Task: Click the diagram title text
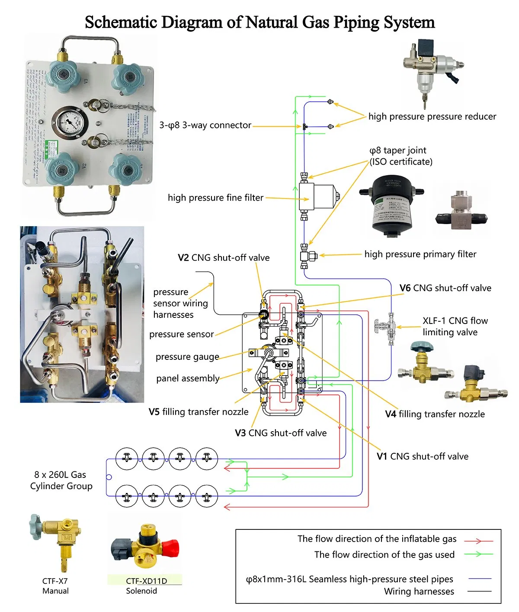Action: [259, 22]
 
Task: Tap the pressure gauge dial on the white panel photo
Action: [70, 122]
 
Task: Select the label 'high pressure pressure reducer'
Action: [432, 116]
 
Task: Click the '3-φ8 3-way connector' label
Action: [205, 125]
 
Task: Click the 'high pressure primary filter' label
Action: [420, 254]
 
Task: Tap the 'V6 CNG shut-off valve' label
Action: [445, 288]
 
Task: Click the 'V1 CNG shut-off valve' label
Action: [422, 456]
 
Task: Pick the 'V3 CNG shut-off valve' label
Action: [281, 433]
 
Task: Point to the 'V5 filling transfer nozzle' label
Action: [199, 412]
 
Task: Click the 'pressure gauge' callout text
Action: [187, 357]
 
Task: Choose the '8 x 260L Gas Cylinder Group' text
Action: [61, 480]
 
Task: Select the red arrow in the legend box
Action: [478, 541]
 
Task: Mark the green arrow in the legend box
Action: [478, 554]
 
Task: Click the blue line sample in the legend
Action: [480, 578]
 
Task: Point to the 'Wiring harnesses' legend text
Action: [419, 591]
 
